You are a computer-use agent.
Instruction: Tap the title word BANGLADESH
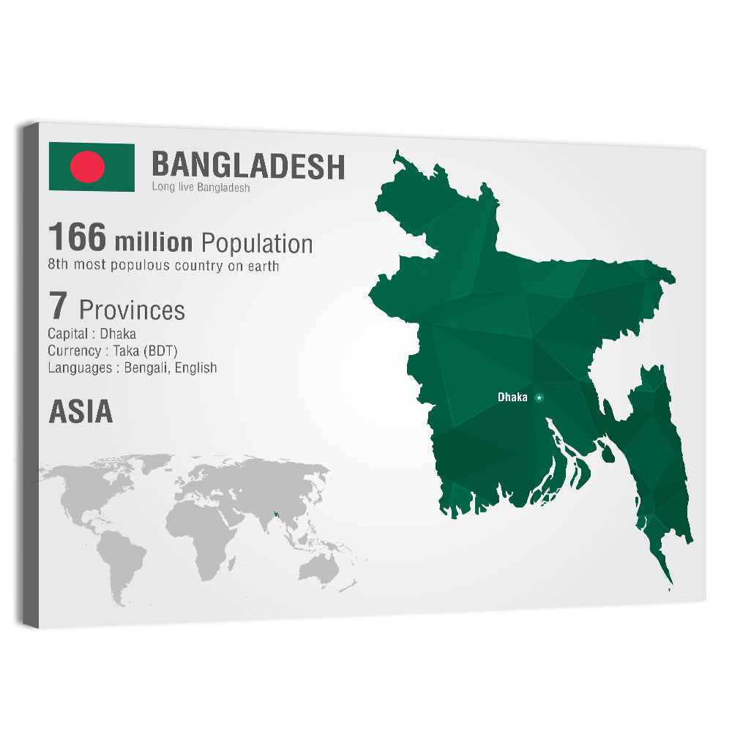(247, 165)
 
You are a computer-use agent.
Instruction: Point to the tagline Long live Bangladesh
(201, 187)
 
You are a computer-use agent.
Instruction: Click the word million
(154, 242)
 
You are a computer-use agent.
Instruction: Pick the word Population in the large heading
(257, 243)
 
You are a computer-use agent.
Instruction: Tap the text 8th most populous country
(163, 266)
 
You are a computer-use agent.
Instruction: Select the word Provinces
(132, 310)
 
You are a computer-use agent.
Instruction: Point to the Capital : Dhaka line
(91, 334)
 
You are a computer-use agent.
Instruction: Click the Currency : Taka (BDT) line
(113, 351)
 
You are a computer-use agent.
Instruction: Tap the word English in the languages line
(197, 367)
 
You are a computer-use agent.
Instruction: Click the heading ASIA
(81, 412)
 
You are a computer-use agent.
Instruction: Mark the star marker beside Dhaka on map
(539, 397)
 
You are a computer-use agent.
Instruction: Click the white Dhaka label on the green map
(512, 397)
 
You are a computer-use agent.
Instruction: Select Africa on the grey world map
(201, 531)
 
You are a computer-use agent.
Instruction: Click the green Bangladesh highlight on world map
(277, 515)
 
